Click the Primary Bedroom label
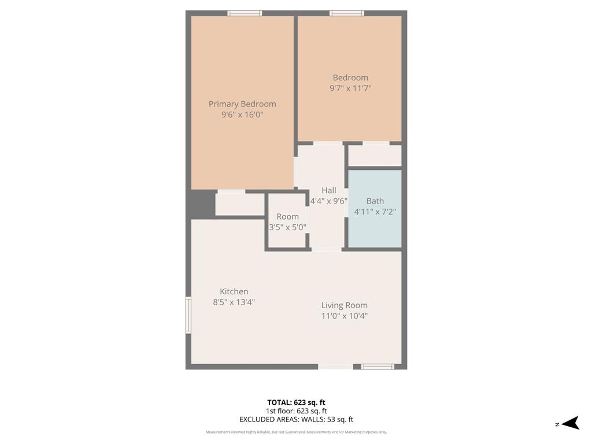coord(242,104)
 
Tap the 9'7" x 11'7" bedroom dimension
coord(350,88)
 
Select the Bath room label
coord(375,201)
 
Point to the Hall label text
coord(328,190)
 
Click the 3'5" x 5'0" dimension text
coord(287,227)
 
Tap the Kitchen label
coord(234,291)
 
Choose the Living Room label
coord(344,305)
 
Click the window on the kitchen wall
coord(188,315)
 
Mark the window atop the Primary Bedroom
coord(245,13)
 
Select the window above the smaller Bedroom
coord(347,13)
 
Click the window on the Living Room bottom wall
coord(378,366)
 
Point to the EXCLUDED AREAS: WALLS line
coord(296,420)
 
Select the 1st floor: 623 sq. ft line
coord(296,411)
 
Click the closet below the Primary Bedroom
coord(239,204)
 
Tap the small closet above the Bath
coord(375,156)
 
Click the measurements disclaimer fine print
coord(296,432)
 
